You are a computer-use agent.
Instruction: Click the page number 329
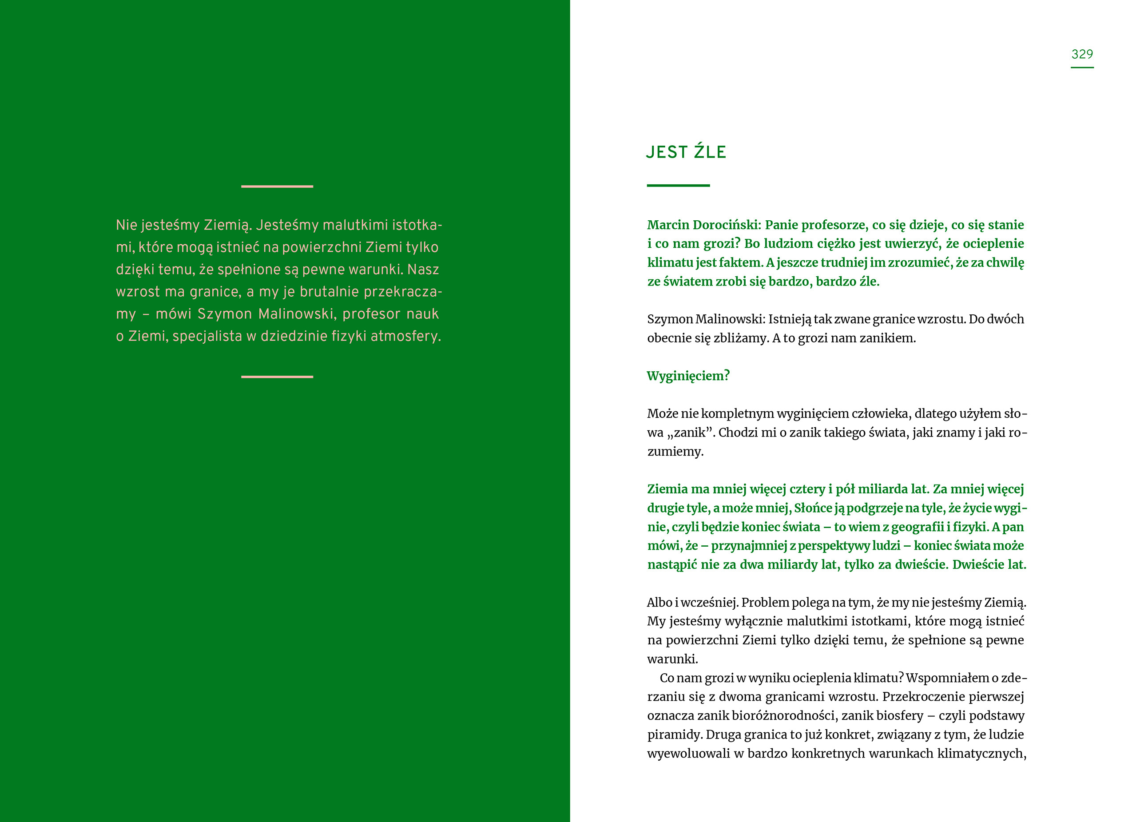coord(1082,54)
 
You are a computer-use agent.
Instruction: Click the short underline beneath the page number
coord(1082,68)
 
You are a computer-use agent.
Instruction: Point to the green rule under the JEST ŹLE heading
coord(678,186)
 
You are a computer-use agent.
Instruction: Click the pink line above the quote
coord(277,187)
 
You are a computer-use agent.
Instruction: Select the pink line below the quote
coord(277,377)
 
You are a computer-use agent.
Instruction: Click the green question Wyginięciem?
coord(688,376)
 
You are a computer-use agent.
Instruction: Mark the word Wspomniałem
coord(946,678)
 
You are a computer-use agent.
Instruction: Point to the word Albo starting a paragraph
coord(659,602)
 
